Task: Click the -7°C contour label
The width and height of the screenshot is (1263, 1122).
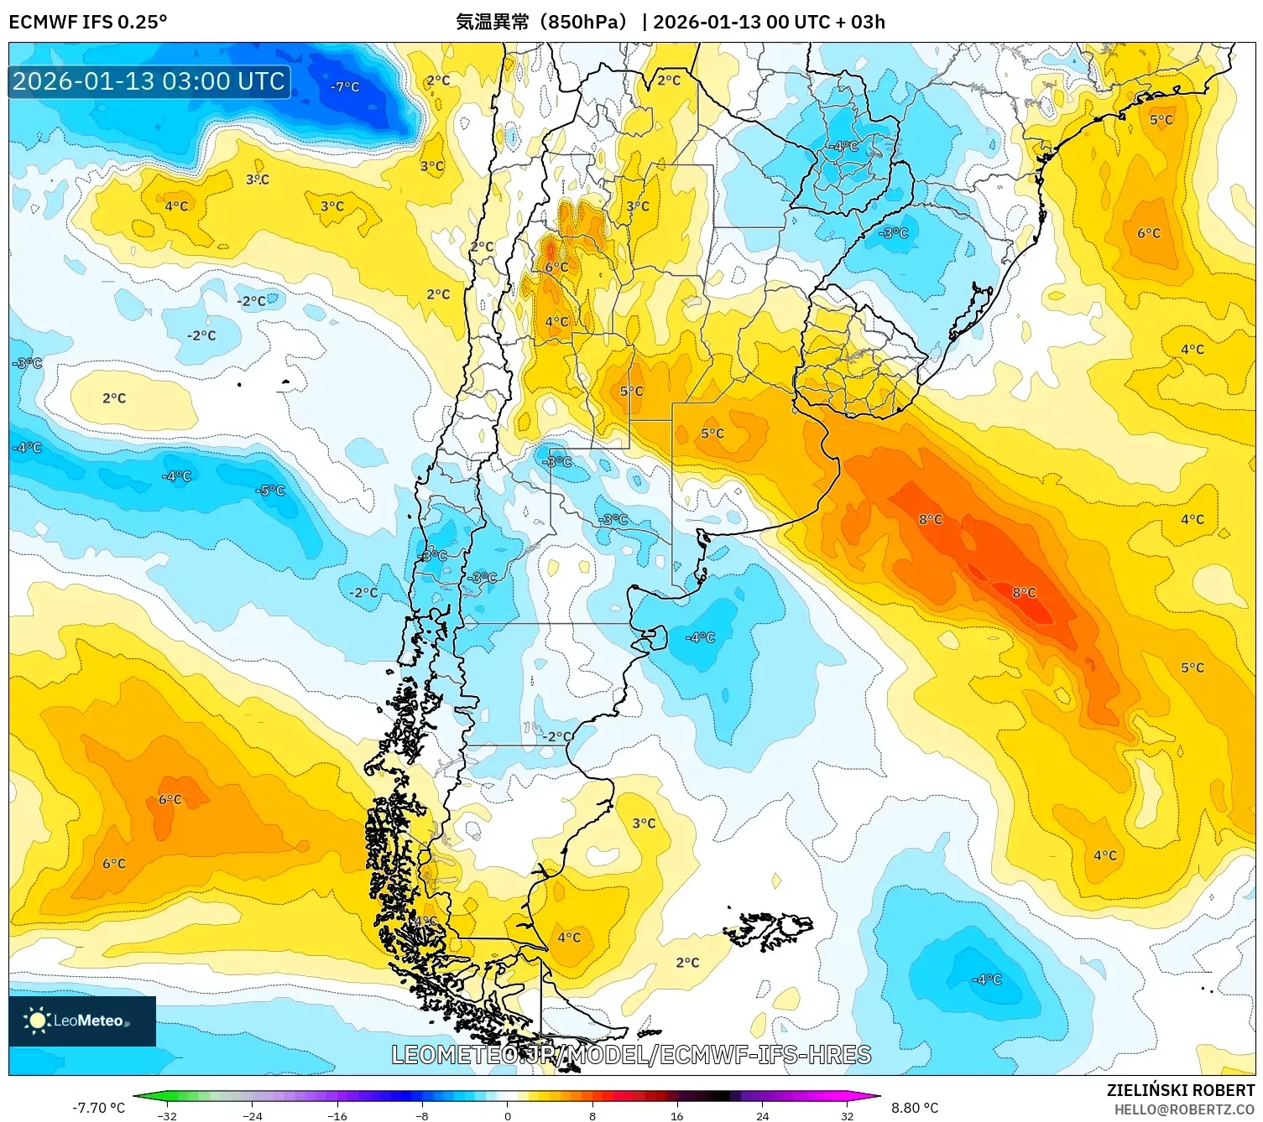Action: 345,86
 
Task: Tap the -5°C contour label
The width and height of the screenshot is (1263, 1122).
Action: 271,491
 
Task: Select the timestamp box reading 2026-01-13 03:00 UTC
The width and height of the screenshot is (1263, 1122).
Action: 149,82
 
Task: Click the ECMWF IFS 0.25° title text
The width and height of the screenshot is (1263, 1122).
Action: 88,22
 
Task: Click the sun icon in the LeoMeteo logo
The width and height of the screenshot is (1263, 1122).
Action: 37,1021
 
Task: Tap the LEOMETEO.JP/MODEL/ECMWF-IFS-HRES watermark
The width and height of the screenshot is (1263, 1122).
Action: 631,1055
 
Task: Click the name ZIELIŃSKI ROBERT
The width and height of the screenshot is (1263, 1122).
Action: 1181,1090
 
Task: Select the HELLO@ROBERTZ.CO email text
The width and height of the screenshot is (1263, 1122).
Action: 1184,1109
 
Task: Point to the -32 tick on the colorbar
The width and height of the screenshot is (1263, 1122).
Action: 167,1115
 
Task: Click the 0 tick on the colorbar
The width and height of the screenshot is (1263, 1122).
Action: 508,1115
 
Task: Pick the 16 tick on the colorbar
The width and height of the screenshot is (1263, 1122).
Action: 677,1115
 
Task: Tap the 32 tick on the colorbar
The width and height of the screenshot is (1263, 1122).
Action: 848,1115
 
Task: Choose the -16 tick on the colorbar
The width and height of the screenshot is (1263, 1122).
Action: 337,1115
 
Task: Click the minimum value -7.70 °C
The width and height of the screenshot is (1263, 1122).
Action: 99,1108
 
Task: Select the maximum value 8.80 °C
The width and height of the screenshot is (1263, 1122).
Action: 915,1108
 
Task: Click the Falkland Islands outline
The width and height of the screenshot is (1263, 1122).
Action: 770,929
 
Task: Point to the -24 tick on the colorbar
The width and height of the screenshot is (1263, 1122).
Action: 252,1115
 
